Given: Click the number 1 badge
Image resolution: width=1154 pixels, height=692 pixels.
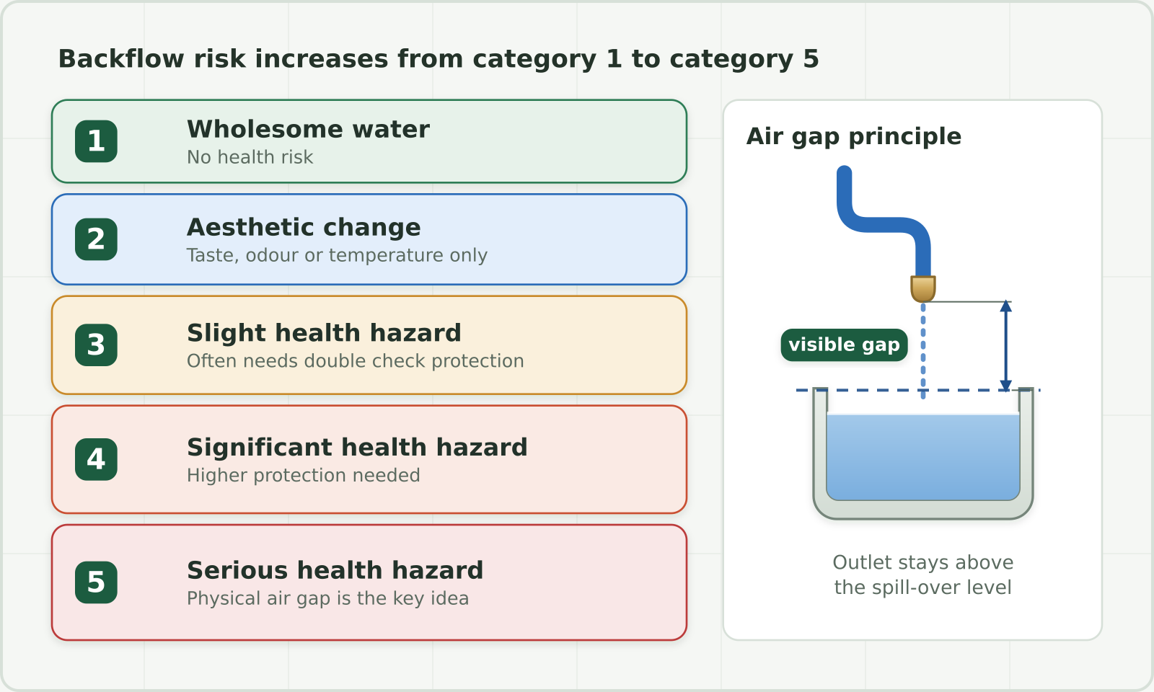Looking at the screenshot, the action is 97,141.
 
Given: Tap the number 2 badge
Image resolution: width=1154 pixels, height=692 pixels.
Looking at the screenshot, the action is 97,239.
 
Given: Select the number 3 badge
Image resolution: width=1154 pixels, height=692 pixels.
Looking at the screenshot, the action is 97,345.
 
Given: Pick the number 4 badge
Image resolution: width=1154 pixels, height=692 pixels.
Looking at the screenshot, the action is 97,459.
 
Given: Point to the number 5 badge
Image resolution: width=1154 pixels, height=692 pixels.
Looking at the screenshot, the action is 97,582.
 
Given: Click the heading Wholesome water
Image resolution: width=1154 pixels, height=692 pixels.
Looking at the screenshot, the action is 308,129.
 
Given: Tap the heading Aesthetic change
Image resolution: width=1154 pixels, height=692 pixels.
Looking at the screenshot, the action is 304,227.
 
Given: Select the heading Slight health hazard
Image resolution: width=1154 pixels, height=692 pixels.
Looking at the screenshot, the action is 324,332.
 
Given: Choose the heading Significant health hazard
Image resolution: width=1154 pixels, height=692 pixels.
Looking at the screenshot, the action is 357,447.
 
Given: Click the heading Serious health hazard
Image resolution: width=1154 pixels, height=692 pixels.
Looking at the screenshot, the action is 335,570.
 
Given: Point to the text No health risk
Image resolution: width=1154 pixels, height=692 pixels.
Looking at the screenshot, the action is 250,157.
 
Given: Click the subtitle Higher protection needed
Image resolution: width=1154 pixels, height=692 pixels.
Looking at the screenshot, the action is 304,475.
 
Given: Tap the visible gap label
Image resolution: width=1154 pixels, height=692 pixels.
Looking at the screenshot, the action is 844,345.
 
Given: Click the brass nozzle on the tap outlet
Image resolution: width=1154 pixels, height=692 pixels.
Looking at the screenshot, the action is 922,289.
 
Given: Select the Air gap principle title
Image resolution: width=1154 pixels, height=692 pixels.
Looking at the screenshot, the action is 854,136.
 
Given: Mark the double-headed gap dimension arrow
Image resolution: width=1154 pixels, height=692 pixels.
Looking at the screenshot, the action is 1005,346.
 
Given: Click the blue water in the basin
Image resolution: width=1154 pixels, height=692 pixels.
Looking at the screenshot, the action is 922,457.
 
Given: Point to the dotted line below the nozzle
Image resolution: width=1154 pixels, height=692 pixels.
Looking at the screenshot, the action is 922,350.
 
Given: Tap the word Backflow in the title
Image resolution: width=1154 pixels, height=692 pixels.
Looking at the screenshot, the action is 121,58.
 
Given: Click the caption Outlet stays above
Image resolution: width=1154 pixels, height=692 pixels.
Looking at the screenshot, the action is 922,562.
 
